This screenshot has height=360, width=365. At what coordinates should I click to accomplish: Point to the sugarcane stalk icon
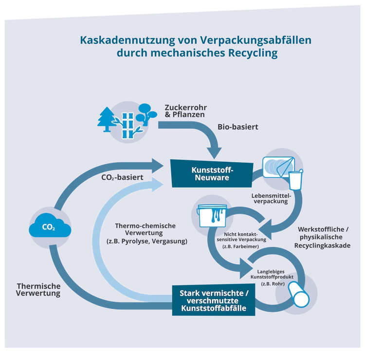128,126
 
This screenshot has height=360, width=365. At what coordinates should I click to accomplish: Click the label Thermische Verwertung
38,290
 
